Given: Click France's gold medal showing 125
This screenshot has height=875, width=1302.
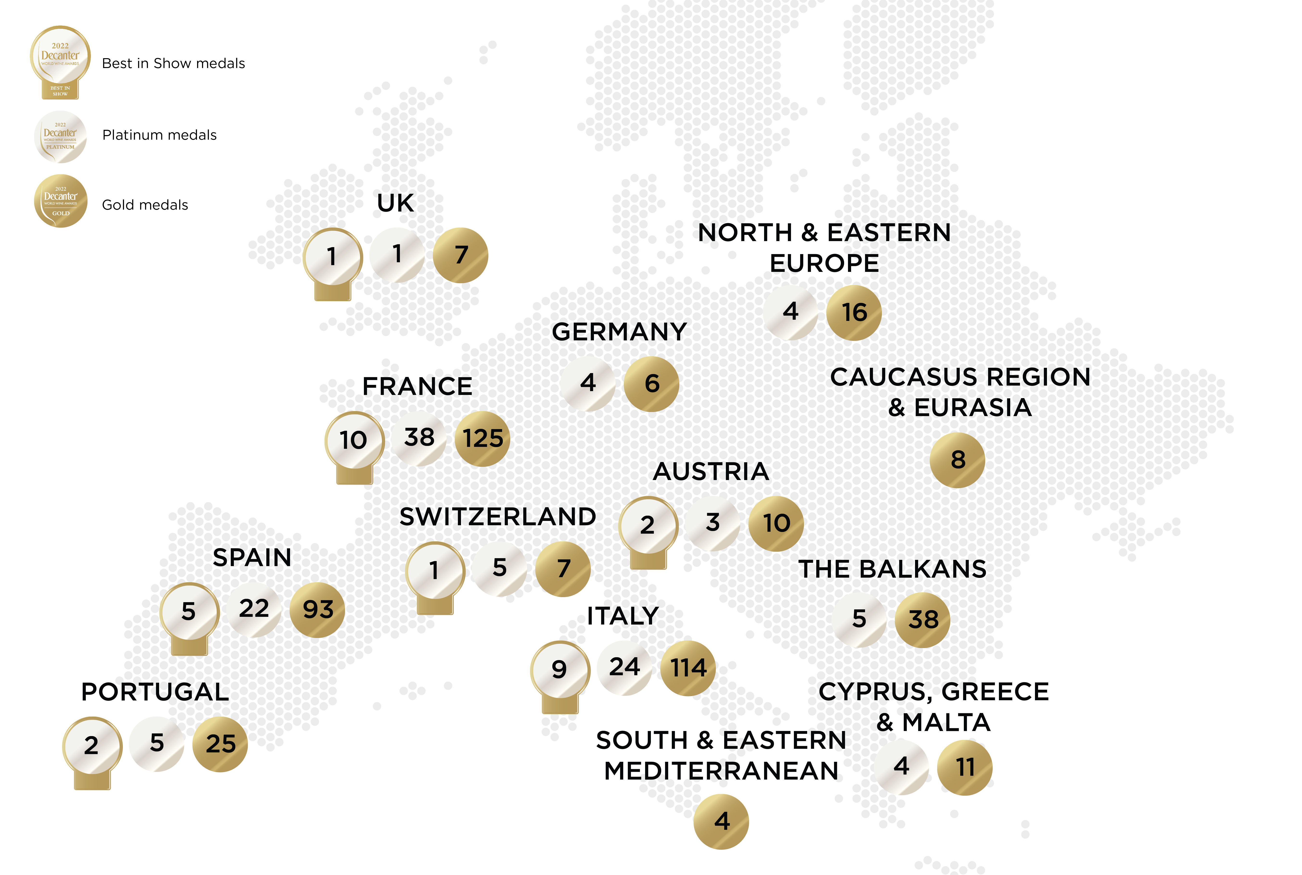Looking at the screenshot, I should click(x=483, y=439).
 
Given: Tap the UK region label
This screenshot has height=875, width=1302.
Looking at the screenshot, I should click(x=396, y=203).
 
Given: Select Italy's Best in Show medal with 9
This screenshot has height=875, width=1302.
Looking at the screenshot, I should click(x=560, y=670).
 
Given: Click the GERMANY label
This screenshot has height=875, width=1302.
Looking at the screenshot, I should click(x=619, y=332).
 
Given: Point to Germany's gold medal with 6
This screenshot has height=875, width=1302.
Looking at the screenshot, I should click(x=652, y=384).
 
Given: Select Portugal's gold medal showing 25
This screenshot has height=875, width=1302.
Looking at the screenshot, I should click(x=220, y=744).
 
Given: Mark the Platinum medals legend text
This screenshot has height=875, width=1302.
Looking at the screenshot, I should click(x=160, y=135).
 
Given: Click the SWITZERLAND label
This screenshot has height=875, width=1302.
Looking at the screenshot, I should click(x=498, y=517).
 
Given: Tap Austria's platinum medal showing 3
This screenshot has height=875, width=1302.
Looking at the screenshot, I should click(x=712, y=523).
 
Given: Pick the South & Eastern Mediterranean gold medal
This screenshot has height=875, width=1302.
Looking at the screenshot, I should click(x=721, y=821).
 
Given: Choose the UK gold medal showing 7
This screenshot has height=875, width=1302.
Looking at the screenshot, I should click(x=461, y=255).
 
